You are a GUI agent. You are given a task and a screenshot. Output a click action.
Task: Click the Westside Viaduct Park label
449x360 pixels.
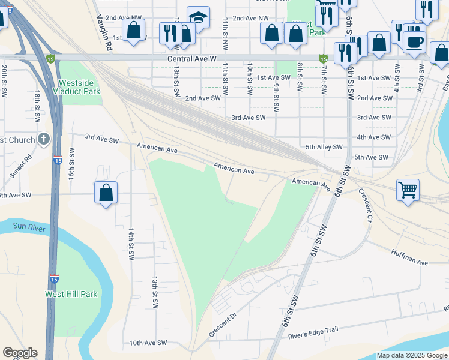pos(79,88)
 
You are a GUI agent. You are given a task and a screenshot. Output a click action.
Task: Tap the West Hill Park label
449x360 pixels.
pos(71,295)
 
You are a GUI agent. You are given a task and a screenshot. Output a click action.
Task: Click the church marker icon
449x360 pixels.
pos(43,140)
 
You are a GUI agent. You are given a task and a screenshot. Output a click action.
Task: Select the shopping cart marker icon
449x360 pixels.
pos(408,190)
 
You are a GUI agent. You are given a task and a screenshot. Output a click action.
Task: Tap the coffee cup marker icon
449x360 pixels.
pos(414,42)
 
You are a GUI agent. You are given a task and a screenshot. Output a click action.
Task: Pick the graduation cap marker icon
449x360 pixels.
pos(197,17)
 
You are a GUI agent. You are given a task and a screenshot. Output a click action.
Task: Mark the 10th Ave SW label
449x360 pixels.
pos(148,343)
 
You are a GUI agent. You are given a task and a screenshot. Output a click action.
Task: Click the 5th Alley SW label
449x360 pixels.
pos(324,146)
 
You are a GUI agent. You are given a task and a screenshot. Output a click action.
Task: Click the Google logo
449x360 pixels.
pos(20,353)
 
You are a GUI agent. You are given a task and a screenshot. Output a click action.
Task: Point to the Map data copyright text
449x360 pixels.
pos(412,355)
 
